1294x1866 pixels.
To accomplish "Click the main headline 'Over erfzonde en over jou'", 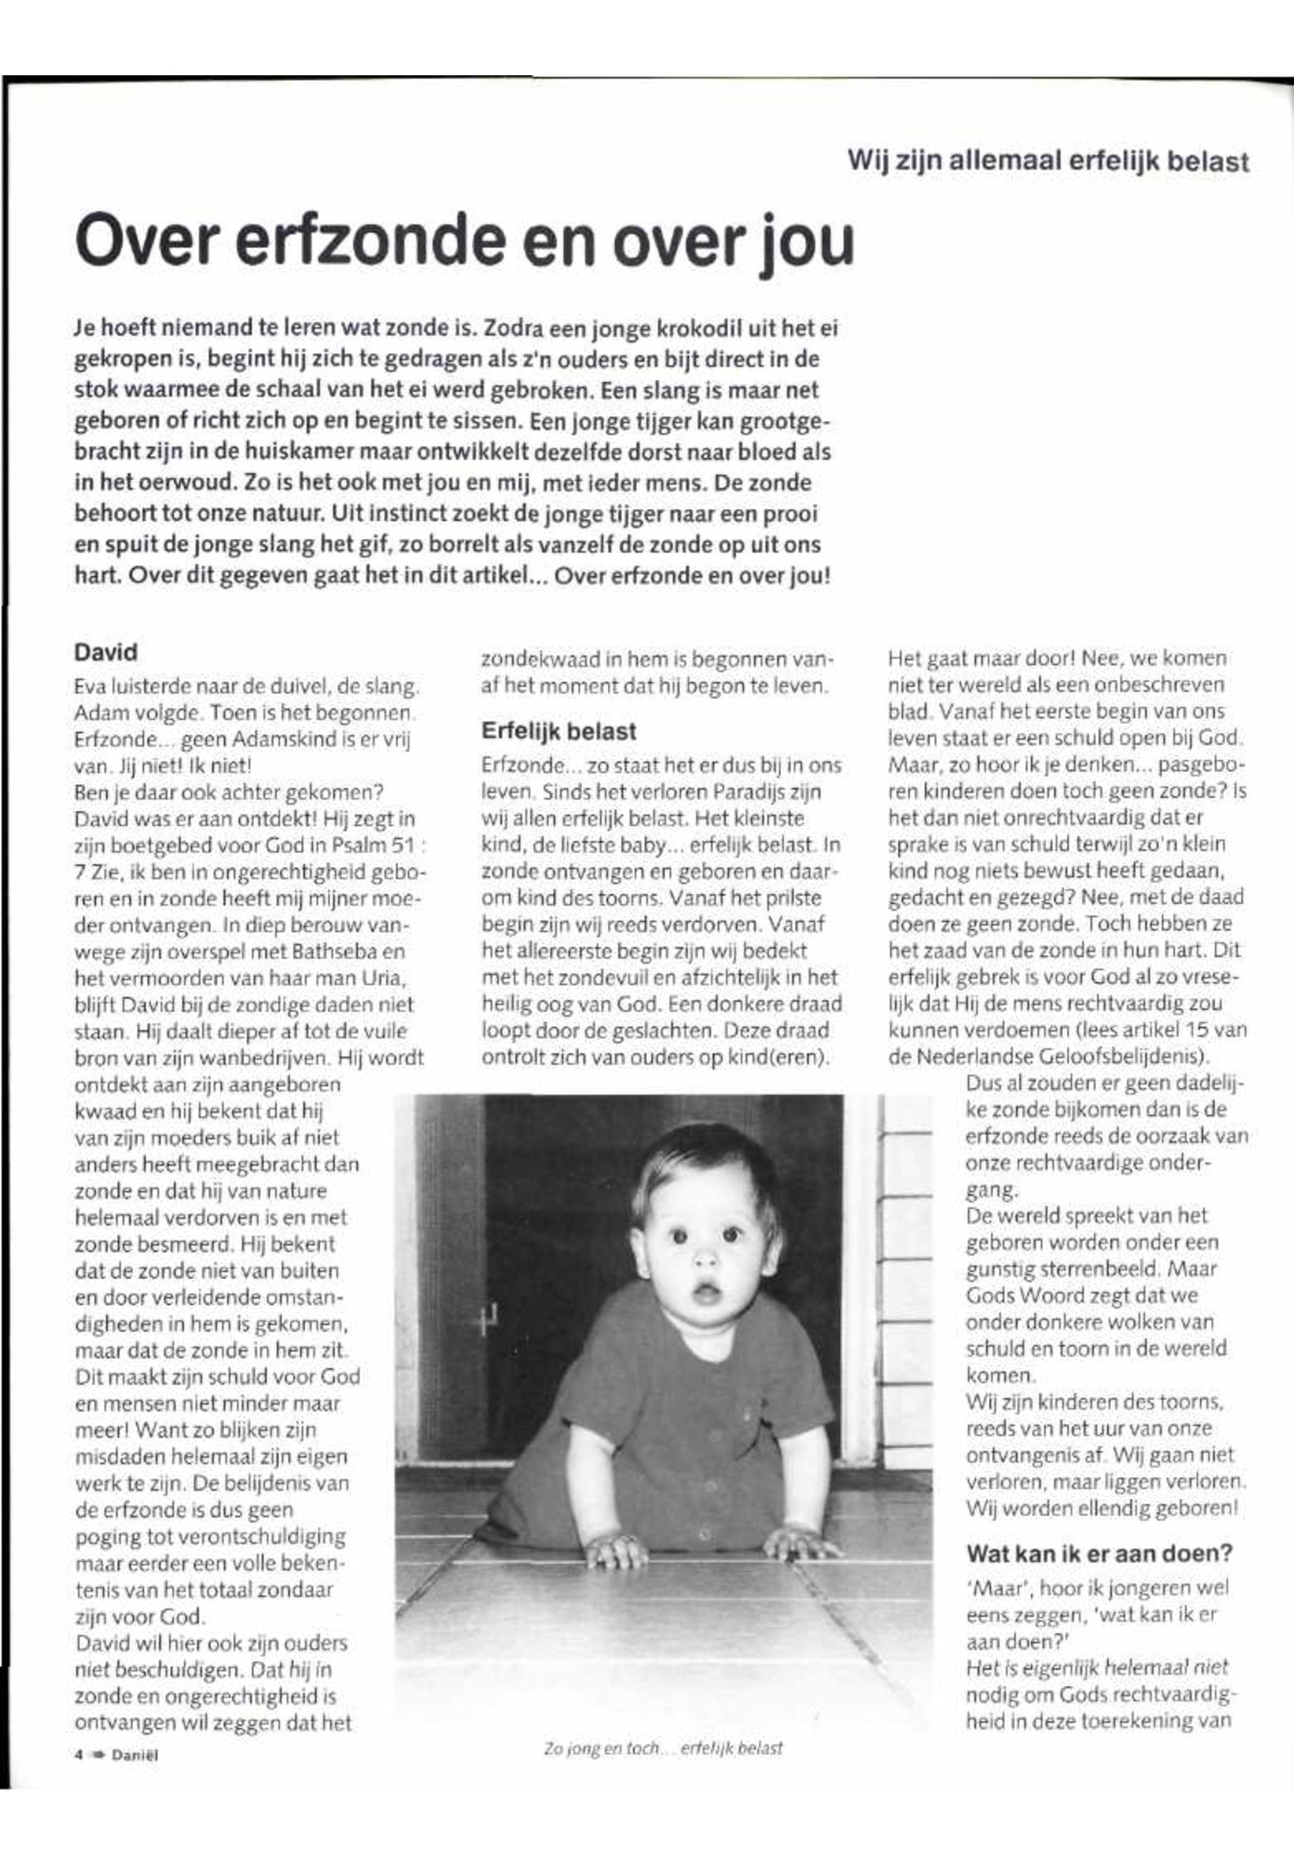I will [x=464, y=241].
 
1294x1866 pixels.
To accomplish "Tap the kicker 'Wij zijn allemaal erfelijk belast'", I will [x=1048, y=160].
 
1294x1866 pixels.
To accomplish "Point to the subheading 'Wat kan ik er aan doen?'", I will [x=1100, y=1554].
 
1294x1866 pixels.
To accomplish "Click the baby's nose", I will [x=705, y=1258].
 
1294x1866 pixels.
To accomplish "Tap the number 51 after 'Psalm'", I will [x=405, y=845].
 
